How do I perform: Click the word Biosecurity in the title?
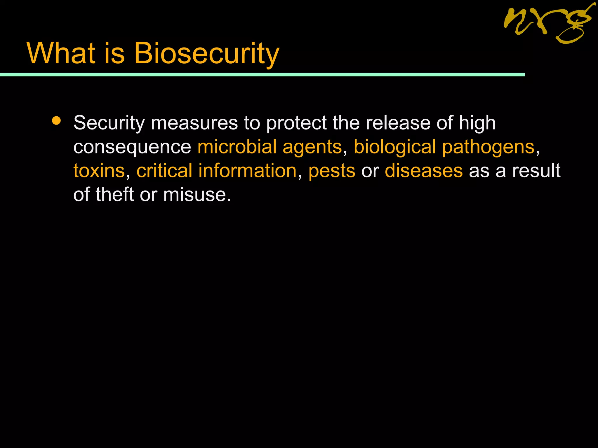coord(207,53)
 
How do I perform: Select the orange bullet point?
coord(56,121)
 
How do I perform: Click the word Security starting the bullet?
coord(109,123)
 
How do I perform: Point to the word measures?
coord(194,123)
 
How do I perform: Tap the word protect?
coord(296,123)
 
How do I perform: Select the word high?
coord(477,123)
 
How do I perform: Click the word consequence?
coord(132,147)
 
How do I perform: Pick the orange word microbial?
coord(237,146)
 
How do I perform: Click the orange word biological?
coord(395,147)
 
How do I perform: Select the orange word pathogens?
coord(488,147)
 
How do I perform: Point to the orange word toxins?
coord(99,171)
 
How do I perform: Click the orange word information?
coord(247,171)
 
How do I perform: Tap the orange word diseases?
coord(424,171)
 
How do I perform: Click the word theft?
coord(115,194)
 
